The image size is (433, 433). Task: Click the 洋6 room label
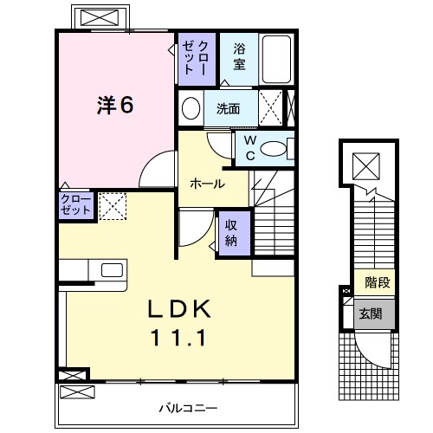[115, 105]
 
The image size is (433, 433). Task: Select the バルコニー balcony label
[187, 406]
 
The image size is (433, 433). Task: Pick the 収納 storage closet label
[233, 231]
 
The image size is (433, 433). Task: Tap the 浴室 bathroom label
[239, 58]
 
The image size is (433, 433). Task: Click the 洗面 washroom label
[228, 109]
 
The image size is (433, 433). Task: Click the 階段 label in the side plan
[376, 283]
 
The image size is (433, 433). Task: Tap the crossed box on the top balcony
[100, 17]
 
